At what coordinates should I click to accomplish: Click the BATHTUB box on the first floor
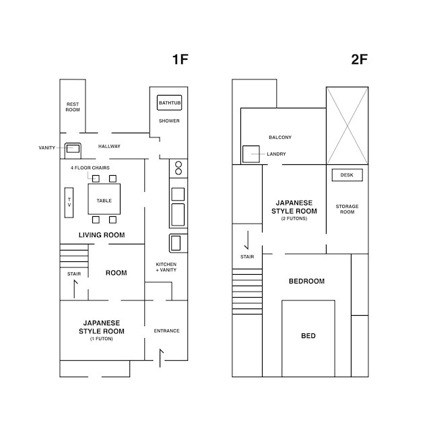click(169, 102)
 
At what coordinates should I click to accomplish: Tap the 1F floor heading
click(180, 59)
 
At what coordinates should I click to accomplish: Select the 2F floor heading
click(360, 59)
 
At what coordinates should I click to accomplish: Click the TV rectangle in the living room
click(69, 203)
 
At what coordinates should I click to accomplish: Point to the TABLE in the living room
click(104, 199)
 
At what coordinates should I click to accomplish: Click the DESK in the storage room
click(347, 175)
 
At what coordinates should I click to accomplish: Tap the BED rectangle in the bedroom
click(308, 338)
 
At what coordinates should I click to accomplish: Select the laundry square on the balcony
click(251, 154)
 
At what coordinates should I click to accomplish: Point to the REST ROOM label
click(73, 107)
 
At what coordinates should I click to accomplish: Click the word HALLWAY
click(109, 146)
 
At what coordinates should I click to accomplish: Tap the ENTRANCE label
click(166, 331)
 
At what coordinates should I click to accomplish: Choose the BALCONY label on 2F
click(280, 137)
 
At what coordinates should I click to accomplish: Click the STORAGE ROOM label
click(347, 209)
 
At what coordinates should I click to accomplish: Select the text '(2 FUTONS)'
click(294, 218)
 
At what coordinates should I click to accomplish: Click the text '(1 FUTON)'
click(102, 339)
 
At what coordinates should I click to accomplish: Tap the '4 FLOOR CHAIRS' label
click(90, 168)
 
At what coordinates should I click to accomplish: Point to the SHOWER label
click(169, 121)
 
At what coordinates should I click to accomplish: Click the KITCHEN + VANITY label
click(166, 267)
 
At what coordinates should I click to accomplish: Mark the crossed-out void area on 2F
click(347, 126)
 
